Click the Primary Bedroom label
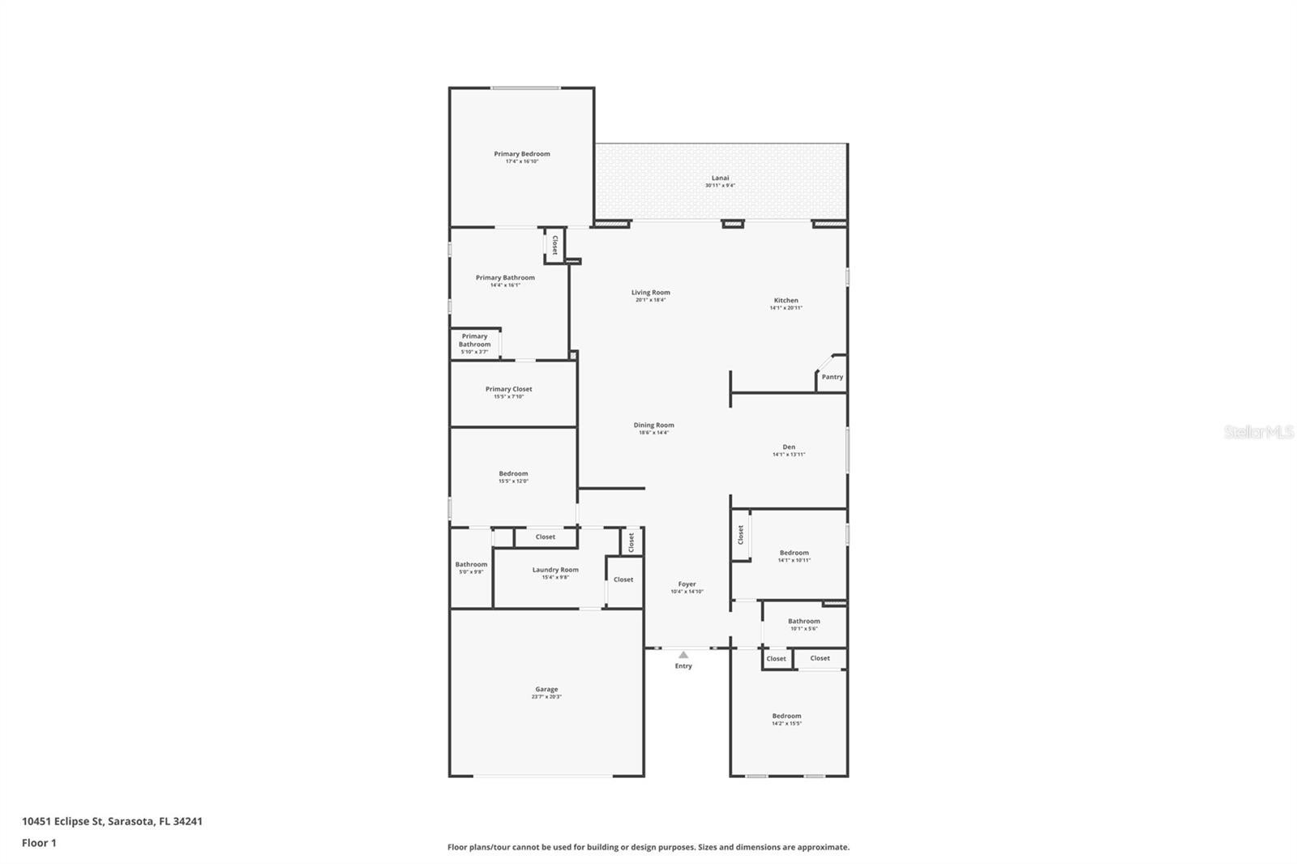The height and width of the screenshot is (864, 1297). tap(522, 154)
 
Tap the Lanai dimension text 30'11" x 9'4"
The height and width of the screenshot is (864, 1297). tap(720, 186)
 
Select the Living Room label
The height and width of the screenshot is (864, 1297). tap(651, 293)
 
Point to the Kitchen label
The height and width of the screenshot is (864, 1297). tap(785, 301)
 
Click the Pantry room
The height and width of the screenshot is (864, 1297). tap(833, 377)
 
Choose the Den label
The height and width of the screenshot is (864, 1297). tap(789, 447)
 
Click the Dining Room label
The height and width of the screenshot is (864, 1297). tap(653, 426)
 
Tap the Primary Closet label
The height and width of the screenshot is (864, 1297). tap(509, 389)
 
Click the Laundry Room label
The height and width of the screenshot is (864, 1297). tap(555, 570)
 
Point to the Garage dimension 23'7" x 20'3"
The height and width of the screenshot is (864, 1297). tap(546, 697)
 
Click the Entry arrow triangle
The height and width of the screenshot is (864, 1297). tap(683, 654)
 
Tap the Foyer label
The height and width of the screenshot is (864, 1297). tap(687, 584)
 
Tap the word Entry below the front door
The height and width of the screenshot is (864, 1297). tap(683, 666)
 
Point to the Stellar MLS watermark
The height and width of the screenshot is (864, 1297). tap(1258, 433)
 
